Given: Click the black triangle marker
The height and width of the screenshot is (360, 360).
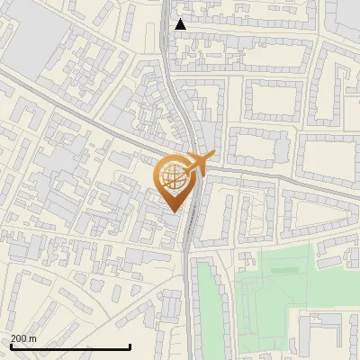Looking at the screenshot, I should point(181,24).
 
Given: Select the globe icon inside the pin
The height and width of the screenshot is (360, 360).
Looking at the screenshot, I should point(176,177).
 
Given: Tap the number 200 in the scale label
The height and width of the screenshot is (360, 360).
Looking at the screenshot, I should point(19,338).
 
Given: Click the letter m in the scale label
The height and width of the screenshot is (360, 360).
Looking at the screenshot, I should point(33,338).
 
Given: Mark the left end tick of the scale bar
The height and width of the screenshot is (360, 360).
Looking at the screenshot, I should point(11,346).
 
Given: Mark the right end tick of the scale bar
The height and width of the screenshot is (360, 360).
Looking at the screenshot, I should point(130,346).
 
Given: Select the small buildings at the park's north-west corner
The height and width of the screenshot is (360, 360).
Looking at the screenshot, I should point(247,259).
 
